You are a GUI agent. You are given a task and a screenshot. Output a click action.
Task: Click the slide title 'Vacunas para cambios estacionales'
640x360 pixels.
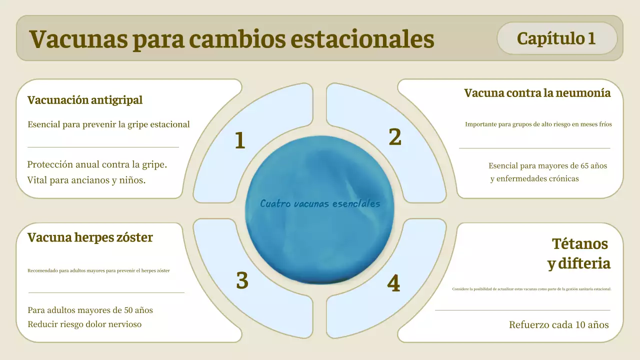(x=231, y=39)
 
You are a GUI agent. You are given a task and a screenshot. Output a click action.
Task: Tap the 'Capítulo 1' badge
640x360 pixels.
(x=556, y=38)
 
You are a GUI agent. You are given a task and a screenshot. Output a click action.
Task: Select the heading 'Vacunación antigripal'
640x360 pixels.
(x=85, y=100)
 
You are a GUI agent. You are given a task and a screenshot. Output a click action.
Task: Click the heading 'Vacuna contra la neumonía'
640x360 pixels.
(x=537, y=93)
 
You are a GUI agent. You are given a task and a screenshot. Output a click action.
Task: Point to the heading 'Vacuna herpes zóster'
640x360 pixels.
(x=90, y=237)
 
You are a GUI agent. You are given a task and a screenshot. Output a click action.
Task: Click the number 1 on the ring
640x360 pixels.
(x=240, y=141)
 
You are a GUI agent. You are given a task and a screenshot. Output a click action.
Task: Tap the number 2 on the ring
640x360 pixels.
(x=395, y=137)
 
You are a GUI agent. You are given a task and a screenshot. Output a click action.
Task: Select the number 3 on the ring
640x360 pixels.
(x=242, y=281)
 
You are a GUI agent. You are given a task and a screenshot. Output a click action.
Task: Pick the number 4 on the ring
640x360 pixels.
(x=393, y=284)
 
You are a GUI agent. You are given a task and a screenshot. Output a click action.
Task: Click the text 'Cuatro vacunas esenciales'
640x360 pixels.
(x=320, y=204)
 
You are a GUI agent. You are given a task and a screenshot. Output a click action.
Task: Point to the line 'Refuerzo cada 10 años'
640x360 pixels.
(x=558, y=325)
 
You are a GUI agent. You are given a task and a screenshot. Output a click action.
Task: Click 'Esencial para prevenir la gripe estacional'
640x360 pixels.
(x=108, y=124)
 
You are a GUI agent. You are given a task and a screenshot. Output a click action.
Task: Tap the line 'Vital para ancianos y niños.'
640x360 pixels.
(x=86, y=180)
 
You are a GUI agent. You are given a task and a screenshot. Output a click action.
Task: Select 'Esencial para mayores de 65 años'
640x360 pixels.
(x=547, y=165)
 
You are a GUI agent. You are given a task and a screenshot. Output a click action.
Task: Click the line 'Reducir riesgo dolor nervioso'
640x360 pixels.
(x=84, y=324)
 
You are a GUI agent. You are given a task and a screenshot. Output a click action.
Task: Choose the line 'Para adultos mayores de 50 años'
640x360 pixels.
(x=90, y=310)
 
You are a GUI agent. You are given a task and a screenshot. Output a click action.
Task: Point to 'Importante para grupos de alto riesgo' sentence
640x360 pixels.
(x=538, y=124)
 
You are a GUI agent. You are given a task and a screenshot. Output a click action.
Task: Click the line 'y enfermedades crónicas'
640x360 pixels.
(x=534, y=179)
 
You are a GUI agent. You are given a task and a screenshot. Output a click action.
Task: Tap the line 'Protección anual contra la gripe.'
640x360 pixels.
(x=97, y=164)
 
